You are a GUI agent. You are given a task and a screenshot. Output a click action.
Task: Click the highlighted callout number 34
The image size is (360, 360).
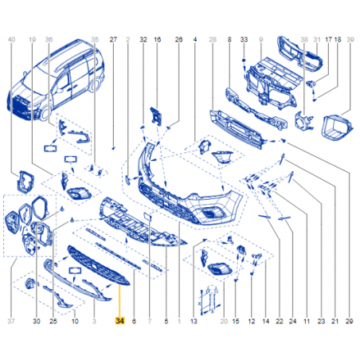(x=119, y=321)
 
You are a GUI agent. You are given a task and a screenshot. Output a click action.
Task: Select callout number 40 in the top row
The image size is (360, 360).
(x=11, y=40)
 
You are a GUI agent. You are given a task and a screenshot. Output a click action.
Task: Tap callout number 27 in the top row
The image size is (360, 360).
(x=113, y=40)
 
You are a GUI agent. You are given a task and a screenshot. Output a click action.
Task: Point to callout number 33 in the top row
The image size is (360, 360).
(x=244, y=40)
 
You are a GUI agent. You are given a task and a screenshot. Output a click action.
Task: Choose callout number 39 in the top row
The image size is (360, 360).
(x=350, y=40)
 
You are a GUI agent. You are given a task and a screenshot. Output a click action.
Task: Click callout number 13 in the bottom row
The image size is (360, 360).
(x=194, y=321)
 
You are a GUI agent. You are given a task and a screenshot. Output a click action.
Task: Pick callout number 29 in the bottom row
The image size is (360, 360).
(x=350, y=321)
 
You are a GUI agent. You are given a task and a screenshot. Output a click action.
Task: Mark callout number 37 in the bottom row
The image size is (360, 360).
(x=11, y=321)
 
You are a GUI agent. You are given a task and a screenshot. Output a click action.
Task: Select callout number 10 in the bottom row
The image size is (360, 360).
(x=75, y=321)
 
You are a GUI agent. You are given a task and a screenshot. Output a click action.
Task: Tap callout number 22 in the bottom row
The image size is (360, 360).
(x=280, y=321)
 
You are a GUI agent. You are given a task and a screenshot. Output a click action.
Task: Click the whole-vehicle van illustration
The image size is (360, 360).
(x=55, y=80)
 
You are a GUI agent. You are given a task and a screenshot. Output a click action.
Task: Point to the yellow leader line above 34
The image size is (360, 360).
(x=119, y=301)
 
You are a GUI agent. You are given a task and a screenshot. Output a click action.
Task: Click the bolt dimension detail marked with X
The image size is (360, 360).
(x=211, y=300)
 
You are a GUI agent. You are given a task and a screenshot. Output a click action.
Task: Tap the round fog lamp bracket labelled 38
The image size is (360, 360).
(x=303, y=121)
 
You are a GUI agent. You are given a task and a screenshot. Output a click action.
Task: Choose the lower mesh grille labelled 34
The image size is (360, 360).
(x=99, y=265)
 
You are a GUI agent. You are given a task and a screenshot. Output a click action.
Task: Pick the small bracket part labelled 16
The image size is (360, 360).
(x=155, y=116)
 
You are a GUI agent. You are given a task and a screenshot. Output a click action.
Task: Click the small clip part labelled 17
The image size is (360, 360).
(x=310, y=84)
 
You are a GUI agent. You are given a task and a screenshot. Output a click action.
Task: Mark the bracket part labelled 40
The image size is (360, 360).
(x=25, y=182)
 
